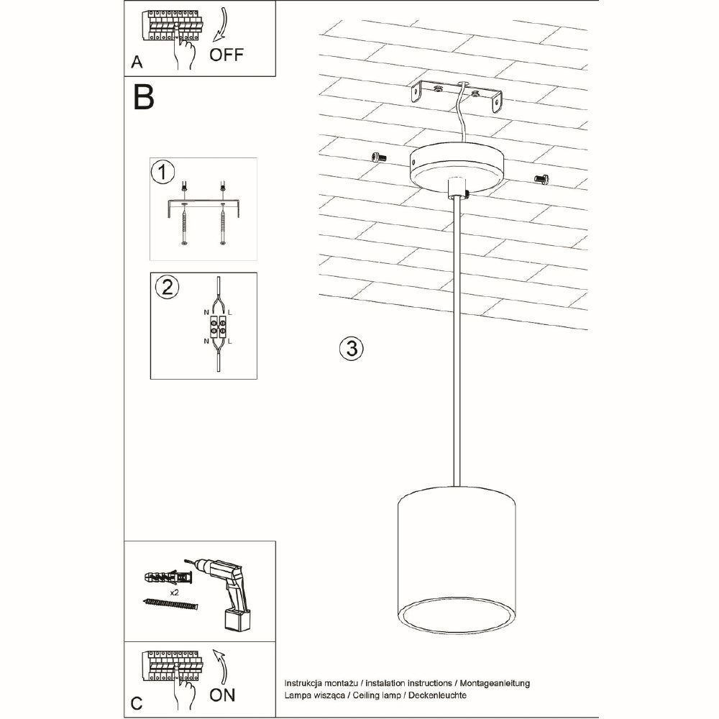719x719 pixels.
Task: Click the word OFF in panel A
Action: click(226, 55)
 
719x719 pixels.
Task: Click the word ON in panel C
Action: click(221, 695)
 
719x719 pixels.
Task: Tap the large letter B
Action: click(144, 97)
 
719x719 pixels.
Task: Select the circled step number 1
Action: click(163, 173)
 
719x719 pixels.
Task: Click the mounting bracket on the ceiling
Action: click(458, 95)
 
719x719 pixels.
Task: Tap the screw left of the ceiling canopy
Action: click(377, 157)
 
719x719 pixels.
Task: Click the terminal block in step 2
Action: click(218, 328)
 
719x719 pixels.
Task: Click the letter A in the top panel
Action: click(137, 63)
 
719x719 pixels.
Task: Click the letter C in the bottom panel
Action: click(137, 701)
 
